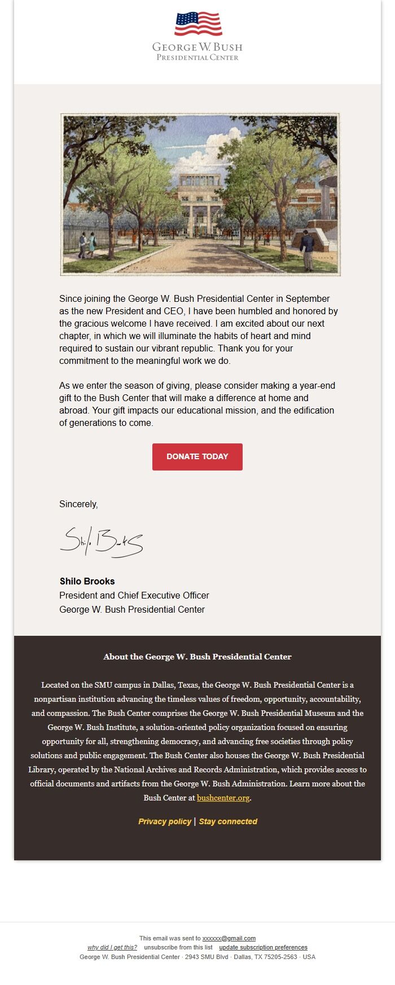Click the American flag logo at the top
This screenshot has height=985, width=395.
[198, 24]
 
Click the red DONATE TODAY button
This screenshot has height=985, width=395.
[197, 456]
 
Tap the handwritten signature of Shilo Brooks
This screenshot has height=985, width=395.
[102, 542]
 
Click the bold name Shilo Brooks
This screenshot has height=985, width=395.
[87, 581]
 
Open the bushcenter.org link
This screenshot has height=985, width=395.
[223, 798]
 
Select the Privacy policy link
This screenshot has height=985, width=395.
[164, 821]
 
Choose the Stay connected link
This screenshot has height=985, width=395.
[228, 821]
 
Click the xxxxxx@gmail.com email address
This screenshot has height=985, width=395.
[229, 938]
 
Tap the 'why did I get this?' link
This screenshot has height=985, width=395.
[112, 947]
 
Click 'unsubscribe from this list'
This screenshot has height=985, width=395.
[178, 947]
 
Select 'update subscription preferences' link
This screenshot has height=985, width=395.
[263, 947]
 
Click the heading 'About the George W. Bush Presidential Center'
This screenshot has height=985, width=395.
[197, 657]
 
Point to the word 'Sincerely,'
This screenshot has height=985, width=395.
[78, 504]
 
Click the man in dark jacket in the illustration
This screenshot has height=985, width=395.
[307, 248]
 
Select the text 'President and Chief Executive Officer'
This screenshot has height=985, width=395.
[134, 595]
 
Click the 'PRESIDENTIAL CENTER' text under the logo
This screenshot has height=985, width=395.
[197, 58]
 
